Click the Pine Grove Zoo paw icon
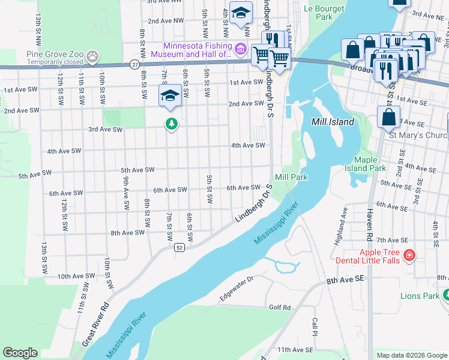coord(92,58)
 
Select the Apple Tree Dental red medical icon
coord(409,256)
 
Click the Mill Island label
coord(333,122)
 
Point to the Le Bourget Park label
coord(324,13)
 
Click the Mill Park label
coord(291,177)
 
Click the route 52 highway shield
coord(179,247)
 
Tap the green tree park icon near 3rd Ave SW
coord(172,124)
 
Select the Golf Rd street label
coord(279,308)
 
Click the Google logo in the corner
coord(20,353)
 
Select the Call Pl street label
coord(315,328)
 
